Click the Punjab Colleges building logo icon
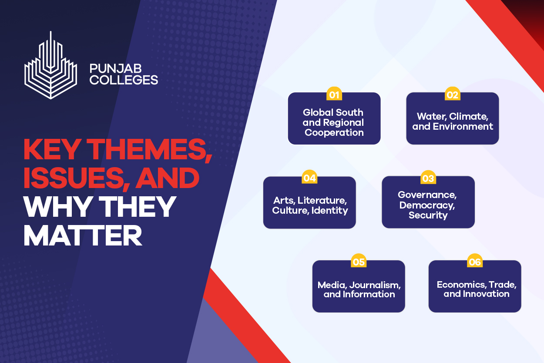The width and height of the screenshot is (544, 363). tap(50, 66)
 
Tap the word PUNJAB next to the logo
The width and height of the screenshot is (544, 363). tap(116, 68)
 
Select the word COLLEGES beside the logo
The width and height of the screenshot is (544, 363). tap(124, 80)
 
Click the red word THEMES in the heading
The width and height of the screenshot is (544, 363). tap(149, 149)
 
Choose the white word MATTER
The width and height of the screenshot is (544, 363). tap(83, 235)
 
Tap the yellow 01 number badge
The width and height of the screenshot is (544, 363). tap(334, 94)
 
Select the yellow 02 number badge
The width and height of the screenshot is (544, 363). tap(453, 94)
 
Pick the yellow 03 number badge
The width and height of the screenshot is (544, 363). tap(428, 178)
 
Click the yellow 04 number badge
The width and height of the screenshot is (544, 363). tap(309, 177)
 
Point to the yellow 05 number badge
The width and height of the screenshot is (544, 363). tap(359, 261)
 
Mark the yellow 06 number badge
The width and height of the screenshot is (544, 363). tap(475, 261)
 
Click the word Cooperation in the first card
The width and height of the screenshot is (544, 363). tap(334, 133)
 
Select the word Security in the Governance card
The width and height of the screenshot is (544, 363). tap(428, 215)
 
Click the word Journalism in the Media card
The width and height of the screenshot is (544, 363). tap(375, 285)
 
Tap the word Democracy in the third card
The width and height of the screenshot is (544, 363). tap(427, 205)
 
